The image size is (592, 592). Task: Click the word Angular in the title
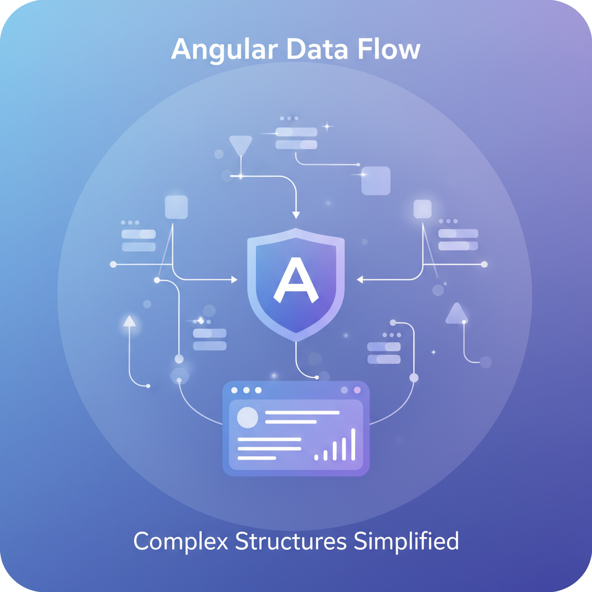223,50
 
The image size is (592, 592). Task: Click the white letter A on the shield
295,280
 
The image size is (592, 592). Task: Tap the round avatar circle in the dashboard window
247,417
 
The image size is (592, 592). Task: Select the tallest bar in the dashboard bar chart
353,444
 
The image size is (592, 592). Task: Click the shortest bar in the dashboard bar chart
316,457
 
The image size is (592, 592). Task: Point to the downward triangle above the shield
240,145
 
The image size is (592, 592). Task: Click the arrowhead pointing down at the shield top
296,215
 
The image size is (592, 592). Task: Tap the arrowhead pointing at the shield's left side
234,280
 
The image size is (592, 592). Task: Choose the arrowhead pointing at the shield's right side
360,280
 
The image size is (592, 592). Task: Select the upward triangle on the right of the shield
456,313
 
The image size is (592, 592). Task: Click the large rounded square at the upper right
376,180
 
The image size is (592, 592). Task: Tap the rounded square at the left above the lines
176,207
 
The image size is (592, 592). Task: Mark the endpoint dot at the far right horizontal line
484,264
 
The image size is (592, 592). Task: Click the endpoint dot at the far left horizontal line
113,264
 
